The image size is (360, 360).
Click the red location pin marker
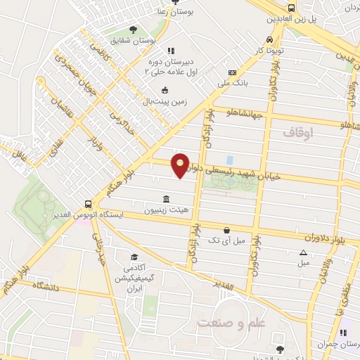point(181,165)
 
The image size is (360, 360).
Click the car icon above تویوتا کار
point(270,40)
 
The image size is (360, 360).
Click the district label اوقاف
point(299,131)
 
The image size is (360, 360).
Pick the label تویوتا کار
point(271,52)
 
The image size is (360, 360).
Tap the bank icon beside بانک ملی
point(232,73)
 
